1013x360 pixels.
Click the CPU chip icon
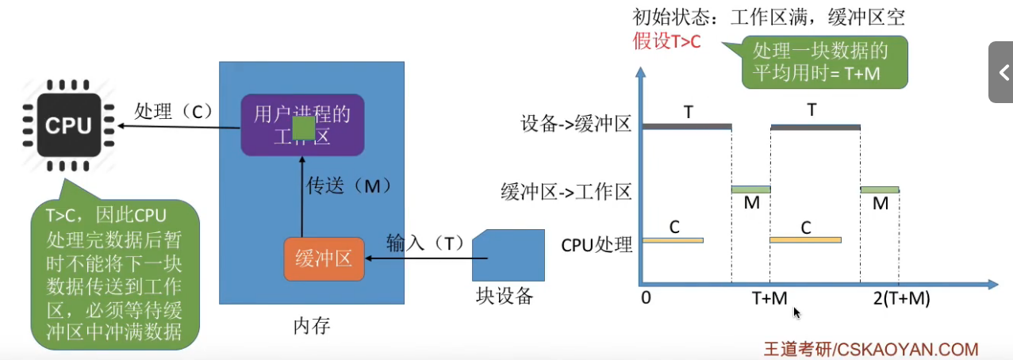tap(68, 124)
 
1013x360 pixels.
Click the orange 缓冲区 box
tap(324, 258)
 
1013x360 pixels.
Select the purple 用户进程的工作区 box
tap(302, 124)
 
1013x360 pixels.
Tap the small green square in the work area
tap(304, 128)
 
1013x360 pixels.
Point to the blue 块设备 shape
tap(508, 255)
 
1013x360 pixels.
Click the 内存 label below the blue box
tap(311, 326)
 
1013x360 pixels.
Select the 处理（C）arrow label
tap(174, 111)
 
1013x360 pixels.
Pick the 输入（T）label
tap(425, 243)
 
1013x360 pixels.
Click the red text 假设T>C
tap(666, 42)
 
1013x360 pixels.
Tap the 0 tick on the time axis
tap(646, 299)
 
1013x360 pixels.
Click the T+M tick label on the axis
tap(769, 299)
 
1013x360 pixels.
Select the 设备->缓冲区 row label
tap(576, 124)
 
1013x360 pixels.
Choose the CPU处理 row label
tap(597, 243)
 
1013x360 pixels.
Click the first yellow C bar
tap(673, 239)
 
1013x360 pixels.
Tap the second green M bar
tap(879, 190)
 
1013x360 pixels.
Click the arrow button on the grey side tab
tap(1003, 73)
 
